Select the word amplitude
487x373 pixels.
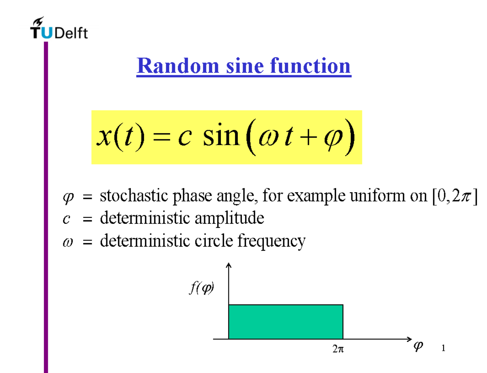[x=230, y=219]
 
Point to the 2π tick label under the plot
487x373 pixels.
[x=338, y=348]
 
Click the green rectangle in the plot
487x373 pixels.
[x=286, y=321]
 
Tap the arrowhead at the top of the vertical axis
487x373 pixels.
[x=229, y=266]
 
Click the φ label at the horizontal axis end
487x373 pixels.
[x=418, y=346]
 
